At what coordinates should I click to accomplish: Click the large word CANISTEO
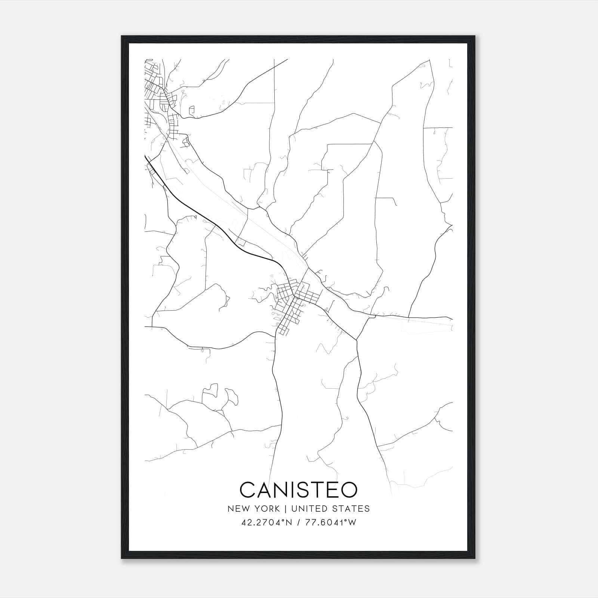click(298, 490)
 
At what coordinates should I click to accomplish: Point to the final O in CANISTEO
click(348, 490)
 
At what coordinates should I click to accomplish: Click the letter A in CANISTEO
click(266, 490)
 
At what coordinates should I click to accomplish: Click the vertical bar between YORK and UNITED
click(286, 508)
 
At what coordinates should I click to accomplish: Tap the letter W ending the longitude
click(352, 522)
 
